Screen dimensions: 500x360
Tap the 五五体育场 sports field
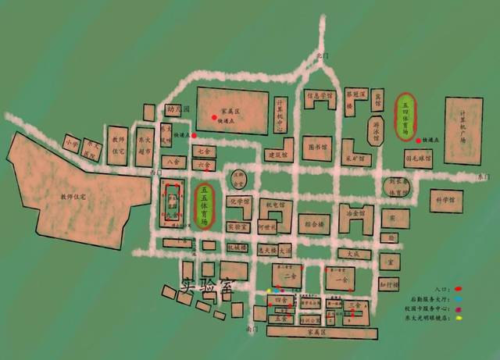(204, 205)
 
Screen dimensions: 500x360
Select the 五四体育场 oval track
(406, 117)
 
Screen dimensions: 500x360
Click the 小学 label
(73, 144)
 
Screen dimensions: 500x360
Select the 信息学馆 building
(319, 97)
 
